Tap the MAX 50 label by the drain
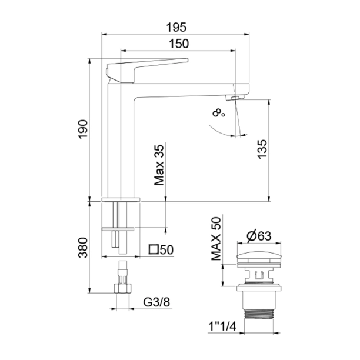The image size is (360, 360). point(216,239)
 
